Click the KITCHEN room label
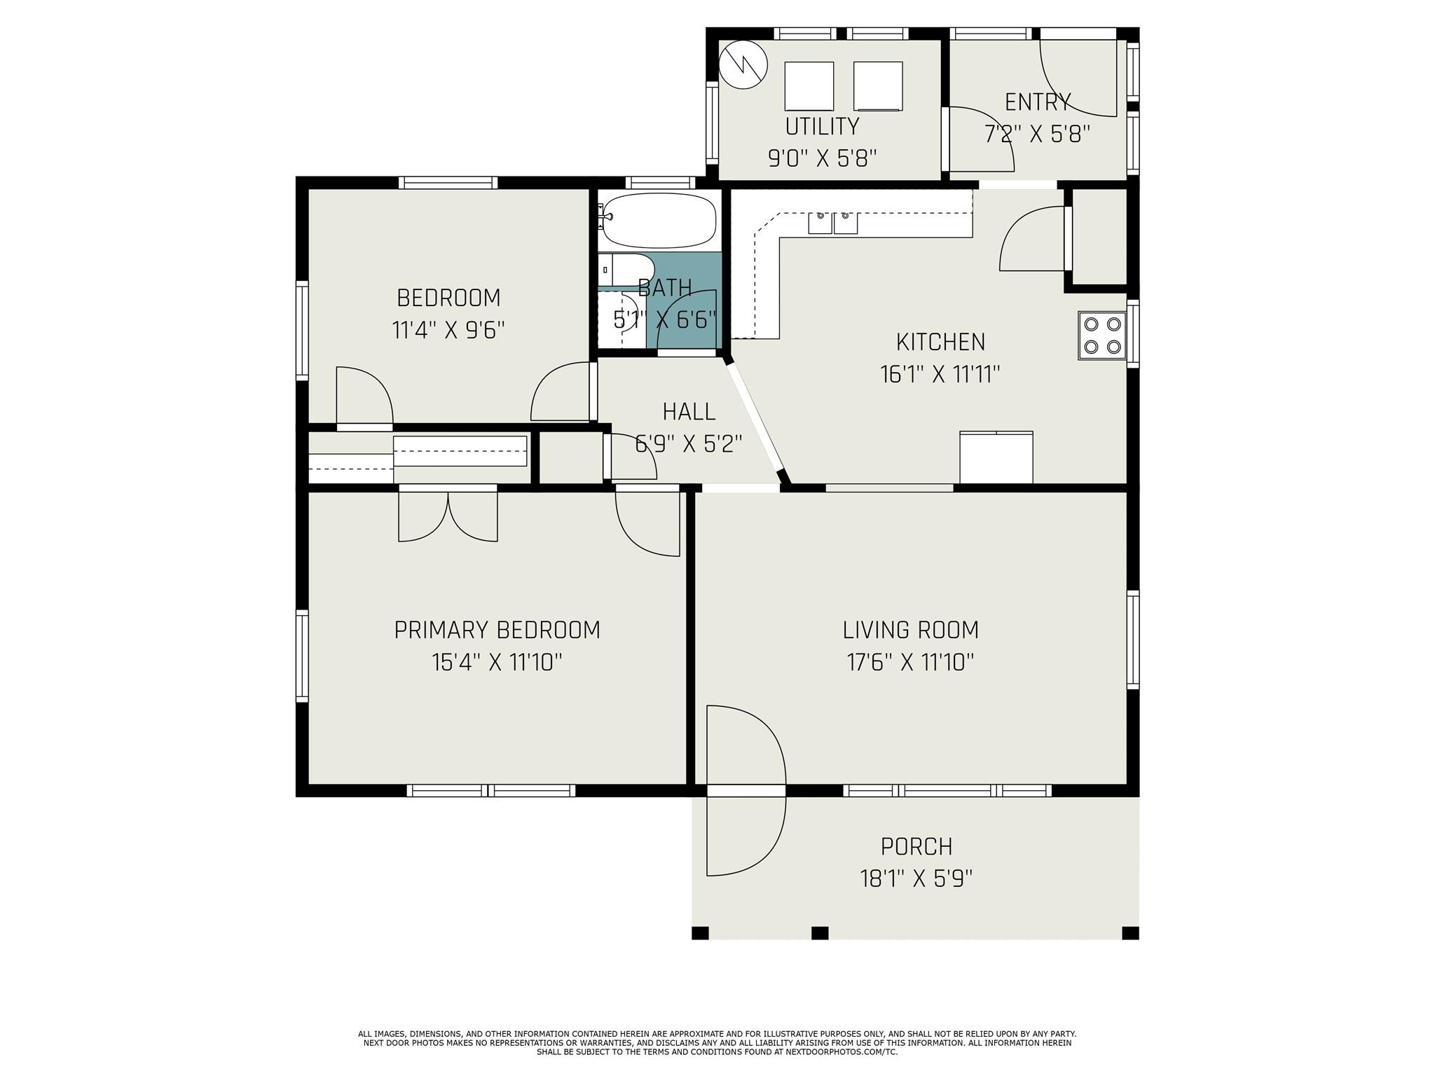click(x=940, y=342)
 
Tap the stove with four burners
click(x=1102, y=336)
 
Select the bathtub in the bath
click(x=659, y=220)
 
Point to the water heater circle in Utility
click(x=743, y=65)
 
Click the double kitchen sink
click(x=833, y=222)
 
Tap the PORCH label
click(x=916, y=847)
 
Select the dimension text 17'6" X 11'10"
click(x=911, y=662)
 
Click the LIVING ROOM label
click(x=911, y=630)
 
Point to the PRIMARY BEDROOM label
click(x=497, y=630)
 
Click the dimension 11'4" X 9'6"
click(x=448, y=330)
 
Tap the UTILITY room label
click(x=822, y=126)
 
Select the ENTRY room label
click(x=1038, y=102)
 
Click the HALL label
click(x=689, y=411)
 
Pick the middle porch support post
click(x=820, y=933)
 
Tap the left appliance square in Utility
click(x=809, y=86)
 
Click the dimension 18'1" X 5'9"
click(x=916, y=878)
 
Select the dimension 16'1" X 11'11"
click(x=940, y=374)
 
